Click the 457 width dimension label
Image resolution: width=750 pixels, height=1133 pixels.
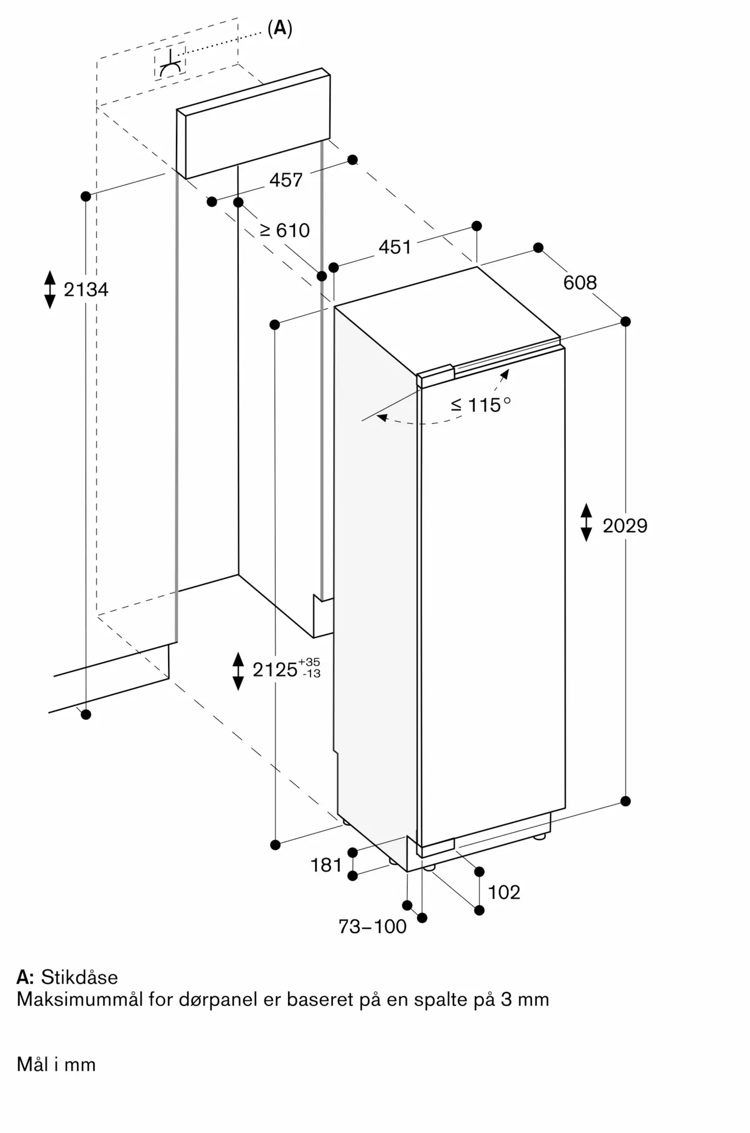[286, 180]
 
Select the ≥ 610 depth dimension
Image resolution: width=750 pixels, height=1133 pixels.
[285, 230]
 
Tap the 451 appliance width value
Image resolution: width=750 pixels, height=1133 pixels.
[395, 247]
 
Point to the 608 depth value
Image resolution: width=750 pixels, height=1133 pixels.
[580, 282]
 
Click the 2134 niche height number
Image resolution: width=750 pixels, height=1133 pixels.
[85, 289]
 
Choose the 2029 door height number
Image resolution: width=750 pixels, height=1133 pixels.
[625, 526]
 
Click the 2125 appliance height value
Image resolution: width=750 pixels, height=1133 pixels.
[275, 670]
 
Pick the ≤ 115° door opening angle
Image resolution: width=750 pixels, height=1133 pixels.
[481, 404]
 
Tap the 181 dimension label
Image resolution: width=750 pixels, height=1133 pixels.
[326, 865]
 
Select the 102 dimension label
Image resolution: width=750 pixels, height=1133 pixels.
[504, 892]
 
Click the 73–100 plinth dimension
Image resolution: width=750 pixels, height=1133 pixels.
[372, 926]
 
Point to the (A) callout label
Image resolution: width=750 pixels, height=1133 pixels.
[280, 28]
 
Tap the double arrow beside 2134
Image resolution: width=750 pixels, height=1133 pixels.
[50, 289]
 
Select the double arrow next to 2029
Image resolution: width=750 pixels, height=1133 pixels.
[586, 522]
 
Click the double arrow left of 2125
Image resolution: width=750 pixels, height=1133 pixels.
[238, 671]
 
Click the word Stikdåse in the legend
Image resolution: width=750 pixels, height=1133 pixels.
[79, 977]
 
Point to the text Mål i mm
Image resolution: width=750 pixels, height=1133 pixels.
[56, 1064]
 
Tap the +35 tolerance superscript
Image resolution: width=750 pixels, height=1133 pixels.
[309, 662]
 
